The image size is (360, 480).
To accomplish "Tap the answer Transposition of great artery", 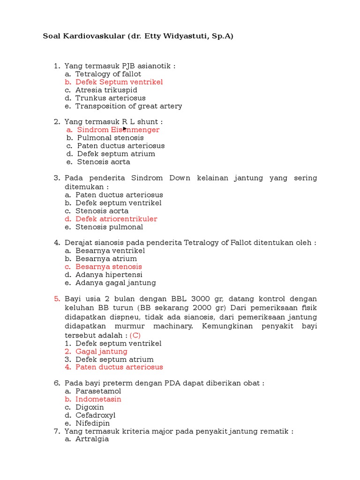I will click(128, 106).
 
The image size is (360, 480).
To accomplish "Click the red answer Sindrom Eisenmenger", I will click(118, 130).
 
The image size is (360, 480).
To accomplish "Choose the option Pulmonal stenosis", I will click(110, 138).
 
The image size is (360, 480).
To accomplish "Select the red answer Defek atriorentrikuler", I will click(116, 219).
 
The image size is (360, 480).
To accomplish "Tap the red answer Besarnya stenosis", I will click(108, 267).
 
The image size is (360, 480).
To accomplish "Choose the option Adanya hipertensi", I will click(109, 275).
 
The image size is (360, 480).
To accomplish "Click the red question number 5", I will click(57, 299).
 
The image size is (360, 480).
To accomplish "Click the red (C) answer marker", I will click(135, 335).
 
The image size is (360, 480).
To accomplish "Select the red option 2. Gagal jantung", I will click(101, 352).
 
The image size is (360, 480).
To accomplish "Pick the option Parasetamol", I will click(98, 391).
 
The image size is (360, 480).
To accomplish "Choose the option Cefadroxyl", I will click(95, 415).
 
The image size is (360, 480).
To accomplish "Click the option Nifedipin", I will click(92, 423).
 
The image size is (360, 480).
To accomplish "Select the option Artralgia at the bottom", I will click(92, 439).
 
